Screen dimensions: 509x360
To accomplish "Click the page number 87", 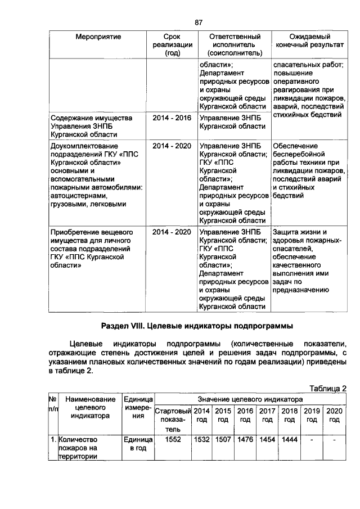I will click(198, 22).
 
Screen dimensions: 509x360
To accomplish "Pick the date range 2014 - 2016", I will click(172, 119).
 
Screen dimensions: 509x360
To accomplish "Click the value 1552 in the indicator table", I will click(173, 439).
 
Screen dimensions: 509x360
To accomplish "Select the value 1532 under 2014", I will click(201, 439).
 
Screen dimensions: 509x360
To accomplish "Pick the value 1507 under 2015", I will click(223, 439).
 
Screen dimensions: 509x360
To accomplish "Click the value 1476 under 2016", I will click(245, 439).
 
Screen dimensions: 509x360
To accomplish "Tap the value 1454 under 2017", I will click(267, 439).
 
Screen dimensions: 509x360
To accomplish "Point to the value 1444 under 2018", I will click(290, 439).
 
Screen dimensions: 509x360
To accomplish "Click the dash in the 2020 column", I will click(334, 439).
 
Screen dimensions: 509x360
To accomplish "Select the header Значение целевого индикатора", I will click(250, 398).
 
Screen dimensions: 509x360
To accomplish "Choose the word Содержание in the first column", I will click(71, 119).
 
